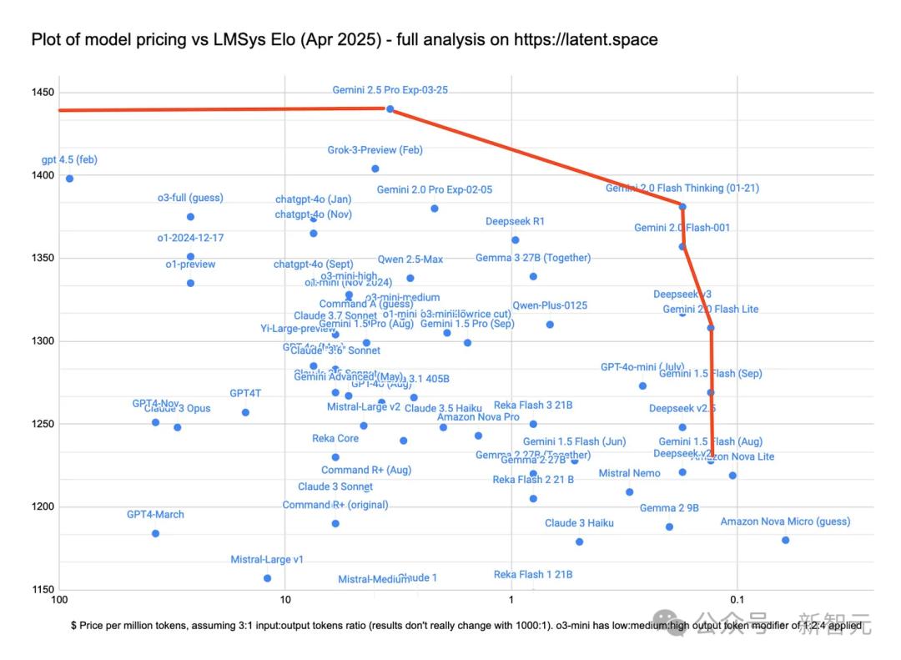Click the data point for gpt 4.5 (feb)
[69, 179]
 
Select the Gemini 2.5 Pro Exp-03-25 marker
[390, 108]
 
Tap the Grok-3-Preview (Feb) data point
[375, 169]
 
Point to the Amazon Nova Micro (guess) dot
[785, 540]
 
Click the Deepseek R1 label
[515, 222]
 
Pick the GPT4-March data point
[155, 533]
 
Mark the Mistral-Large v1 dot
[267, 578]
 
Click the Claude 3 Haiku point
[579, 542]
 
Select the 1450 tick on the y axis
[43, 93]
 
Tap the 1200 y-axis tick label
[43, 506]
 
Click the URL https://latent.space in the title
[586, 39]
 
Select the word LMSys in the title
[219, 39]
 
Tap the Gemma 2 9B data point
[669, 526]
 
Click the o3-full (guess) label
[190, 199]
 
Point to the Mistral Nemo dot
[630, 492]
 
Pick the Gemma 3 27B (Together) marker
[533, 276]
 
